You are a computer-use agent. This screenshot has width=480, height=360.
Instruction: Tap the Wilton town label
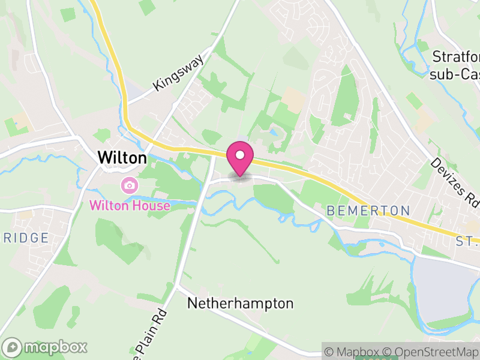(122, 158)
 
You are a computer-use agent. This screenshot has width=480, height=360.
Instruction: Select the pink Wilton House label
(130, 205)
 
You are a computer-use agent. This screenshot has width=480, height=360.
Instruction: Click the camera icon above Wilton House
(129, 185)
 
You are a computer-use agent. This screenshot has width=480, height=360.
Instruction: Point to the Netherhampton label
(241, 304)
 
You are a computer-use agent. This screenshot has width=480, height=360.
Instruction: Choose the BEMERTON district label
(368, 211)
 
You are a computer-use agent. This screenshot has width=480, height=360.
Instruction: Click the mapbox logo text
(55, 347)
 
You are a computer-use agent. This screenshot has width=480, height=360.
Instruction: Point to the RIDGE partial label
(24, 238)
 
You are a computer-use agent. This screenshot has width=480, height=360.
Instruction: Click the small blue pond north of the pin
(274, 132)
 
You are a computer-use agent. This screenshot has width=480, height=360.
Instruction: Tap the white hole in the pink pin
(240, 155)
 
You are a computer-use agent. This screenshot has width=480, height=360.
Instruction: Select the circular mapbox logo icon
(13, 347)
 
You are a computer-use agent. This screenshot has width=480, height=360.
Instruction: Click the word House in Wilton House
(150, 205)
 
